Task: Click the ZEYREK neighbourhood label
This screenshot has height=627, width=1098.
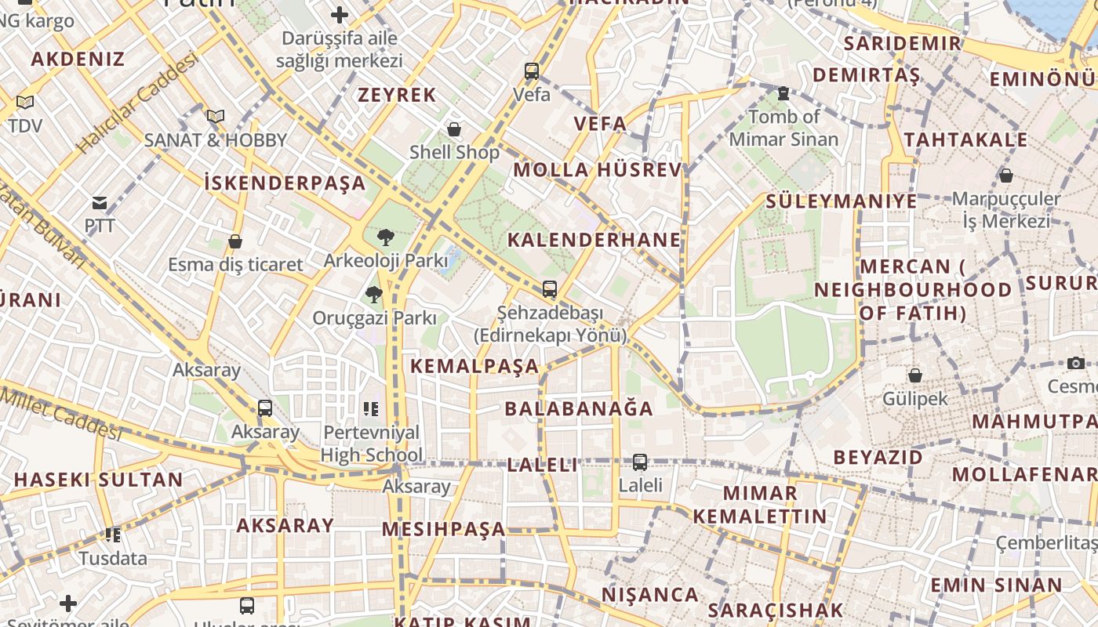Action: tap(397, 96)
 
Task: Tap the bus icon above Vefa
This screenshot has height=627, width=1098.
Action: tap(532, 71)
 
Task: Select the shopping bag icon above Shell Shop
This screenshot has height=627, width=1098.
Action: tap(454, 129)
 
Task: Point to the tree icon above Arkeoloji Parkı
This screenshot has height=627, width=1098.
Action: tap(385, 237)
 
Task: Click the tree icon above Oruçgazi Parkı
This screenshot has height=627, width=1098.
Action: tap(373, 295)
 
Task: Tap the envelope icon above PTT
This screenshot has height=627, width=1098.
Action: tap(100, 204)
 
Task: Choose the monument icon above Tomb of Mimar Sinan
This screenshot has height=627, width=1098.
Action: tap(783, 93)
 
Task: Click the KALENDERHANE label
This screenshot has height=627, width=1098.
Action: tap(594, 240)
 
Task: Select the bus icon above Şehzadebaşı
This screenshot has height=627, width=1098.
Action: tap(550, 288)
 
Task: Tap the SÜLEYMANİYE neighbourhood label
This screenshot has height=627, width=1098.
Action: tap(842, 201)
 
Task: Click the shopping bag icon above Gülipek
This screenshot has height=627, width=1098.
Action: tap(914, 375)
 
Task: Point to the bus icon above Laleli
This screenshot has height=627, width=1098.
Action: tap(640, 462)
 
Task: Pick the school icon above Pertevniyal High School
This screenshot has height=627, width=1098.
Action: tap(371, 408)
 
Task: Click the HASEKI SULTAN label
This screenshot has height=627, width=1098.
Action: tap(99, 480)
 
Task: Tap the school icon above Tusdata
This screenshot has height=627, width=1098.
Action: tap(113, 535)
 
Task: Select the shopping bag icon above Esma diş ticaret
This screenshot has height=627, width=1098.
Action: tap(235, 241)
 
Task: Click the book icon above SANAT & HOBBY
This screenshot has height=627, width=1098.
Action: tap(216, 116)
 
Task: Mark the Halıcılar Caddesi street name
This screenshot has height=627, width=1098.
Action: tap(138, 103)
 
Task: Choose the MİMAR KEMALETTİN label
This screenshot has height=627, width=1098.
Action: tap(760, 505)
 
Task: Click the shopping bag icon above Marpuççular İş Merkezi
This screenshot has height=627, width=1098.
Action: tap(1006, 176)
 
